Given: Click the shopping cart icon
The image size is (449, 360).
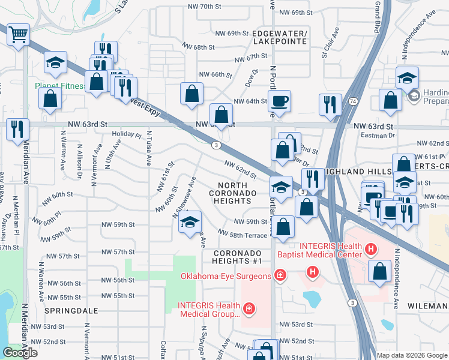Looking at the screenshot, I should pyautogui.click(x=19, y=34).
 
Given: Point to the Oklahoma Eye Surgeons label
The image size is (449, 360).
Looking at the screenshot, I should pyautogui.click(x=226, y=276).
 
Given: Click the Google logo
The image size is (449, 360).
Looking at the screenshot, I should pyautogui.click(x=20, y=353).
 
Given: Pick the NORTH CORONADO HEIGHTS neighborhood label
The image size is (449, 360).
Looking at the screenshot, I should pyautogui.click(x=233, y=197).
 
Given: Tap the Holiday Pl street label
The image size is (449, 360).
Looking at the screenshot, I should pyautogui.click(x=126, y=134).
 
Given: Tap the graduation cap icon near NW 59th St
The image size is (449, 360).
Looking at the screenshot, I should pyautogui.click(x=190, y=222).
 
